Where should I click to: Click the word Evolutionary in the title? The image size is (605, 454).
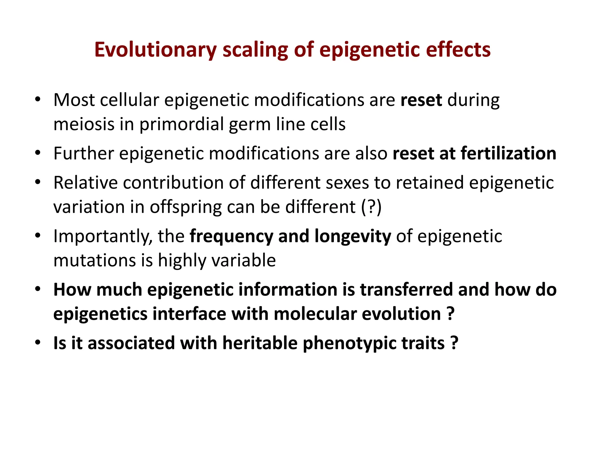[x=155, y=50]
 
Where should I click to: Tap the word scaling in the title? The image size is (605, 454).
[x=255, y=50]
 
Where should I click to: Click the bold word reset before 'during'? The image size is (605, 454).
[x=421, y=100]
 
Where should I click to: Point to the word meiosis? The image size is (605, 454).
[x=84, y=124]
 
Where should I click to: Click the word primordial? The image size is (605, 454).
[x=181, y=124]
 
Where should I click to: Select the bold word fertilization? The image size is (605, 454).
[x=508, y=153]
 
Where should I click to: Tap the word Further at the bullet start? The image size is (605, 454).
[x=84, y=153]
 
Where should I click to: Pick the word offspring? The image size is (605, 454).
[x=186, y=207]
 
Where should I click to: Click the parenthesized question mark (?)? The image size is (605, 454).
[x=371, y=207]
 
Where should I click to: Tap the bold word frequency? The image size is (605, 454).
[x=231, y=236]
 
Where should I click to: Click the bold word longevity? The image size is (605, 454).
[x=353, y=236]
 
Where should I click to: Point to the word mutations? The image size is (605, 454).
[x=94, y=260]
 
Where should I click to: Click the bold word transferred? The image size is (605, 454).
[x=406, y=289]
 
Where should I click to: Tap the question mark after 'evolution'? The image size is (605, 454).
[x=451, y=313]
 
